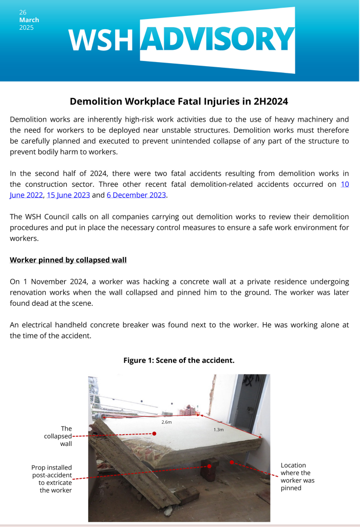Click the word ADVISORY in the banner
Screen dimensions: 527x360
217,39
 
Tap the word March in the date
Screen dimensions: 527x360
29,20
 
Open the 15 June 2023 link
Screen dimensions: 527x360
68,195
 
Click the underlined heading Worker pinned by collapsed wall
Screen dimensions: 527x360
68,260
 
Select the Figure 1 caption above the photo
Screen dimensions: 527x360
179,360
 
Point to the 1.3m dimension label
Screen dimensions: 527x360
218,430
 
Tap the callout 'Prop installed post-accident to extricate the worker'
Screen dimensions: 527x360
52,478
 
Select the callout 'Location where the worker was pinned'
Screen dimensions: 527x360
297,476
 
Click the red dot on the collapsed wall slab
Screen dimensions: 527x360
154,434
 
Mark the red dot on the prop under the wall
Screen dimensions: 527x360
210,466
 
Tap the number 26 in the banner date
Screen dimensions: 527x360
23,12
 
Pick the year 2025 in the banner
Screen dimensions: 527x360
26,28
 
